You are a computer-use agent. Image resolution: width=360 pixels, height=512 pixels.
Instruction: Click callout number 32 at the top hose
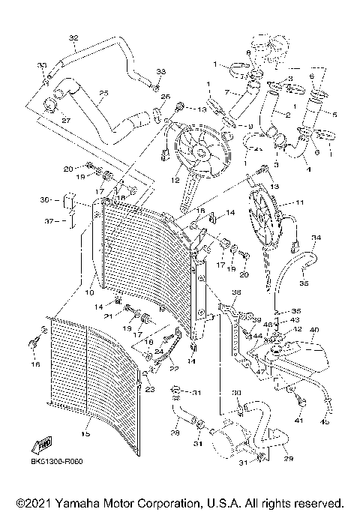pyautogui.click(x=73, y=38)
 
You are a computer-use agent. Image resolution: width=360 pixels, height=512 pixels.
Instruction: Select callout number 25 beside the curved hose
pyautogui.click(x=103, y=93)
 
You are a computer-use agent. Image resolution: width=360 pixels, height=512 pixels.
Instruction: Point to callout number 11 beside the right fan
pyautogui.click(x=300, y=202)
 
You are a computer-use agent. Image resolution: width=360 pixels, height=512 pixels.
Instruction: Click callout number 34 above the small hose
pyautogui.click(x=315, y=238)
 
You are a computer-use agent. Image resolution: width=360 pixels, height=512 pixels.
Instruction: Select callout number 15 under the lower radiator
pyautogui.click(x=85, y=433)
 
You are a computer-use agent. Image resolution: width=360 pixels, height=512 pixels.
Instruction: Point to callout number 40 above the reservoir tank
pyautogui.click(x=313, y=329)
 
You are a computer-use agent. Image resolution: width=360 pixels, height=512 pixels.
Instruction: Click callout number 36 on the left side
pyautogui.click(x=45, y=200)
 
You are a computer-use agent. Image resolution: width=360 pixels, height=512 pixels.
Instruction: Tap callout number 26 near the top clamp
pyautogui.click(x=166, y=97)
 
